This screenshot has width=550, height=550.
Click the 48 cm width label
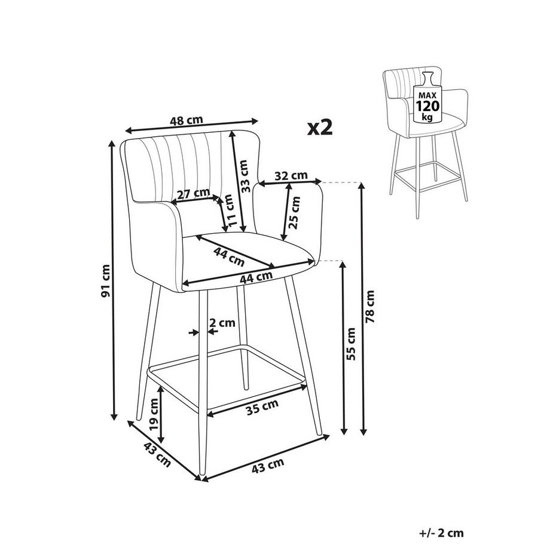[187, 120]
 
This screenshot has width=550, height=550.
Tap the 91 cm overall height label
[106, 280]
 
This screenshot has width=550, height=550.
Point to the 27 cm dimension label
[193, 194]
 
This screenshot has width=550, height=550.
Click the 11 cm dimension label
[230, 210]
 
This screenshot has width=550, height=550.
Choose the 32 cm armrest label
[291, 175]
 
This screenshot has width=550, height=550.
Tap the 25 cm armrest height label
[294, 213]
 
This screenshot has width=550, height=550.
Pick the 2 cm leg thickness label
[222, 322]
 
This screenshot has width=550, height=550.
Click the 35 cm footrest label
[262, 407]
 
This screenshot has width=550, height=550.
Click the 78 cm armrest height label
[369, 307]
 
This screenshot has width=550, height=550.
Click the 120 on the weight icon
[427, 106]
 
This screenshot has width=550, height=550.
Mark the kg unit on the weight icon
[427, 117]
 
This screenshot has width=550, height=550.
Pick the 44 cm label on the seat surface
[229, 256]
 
